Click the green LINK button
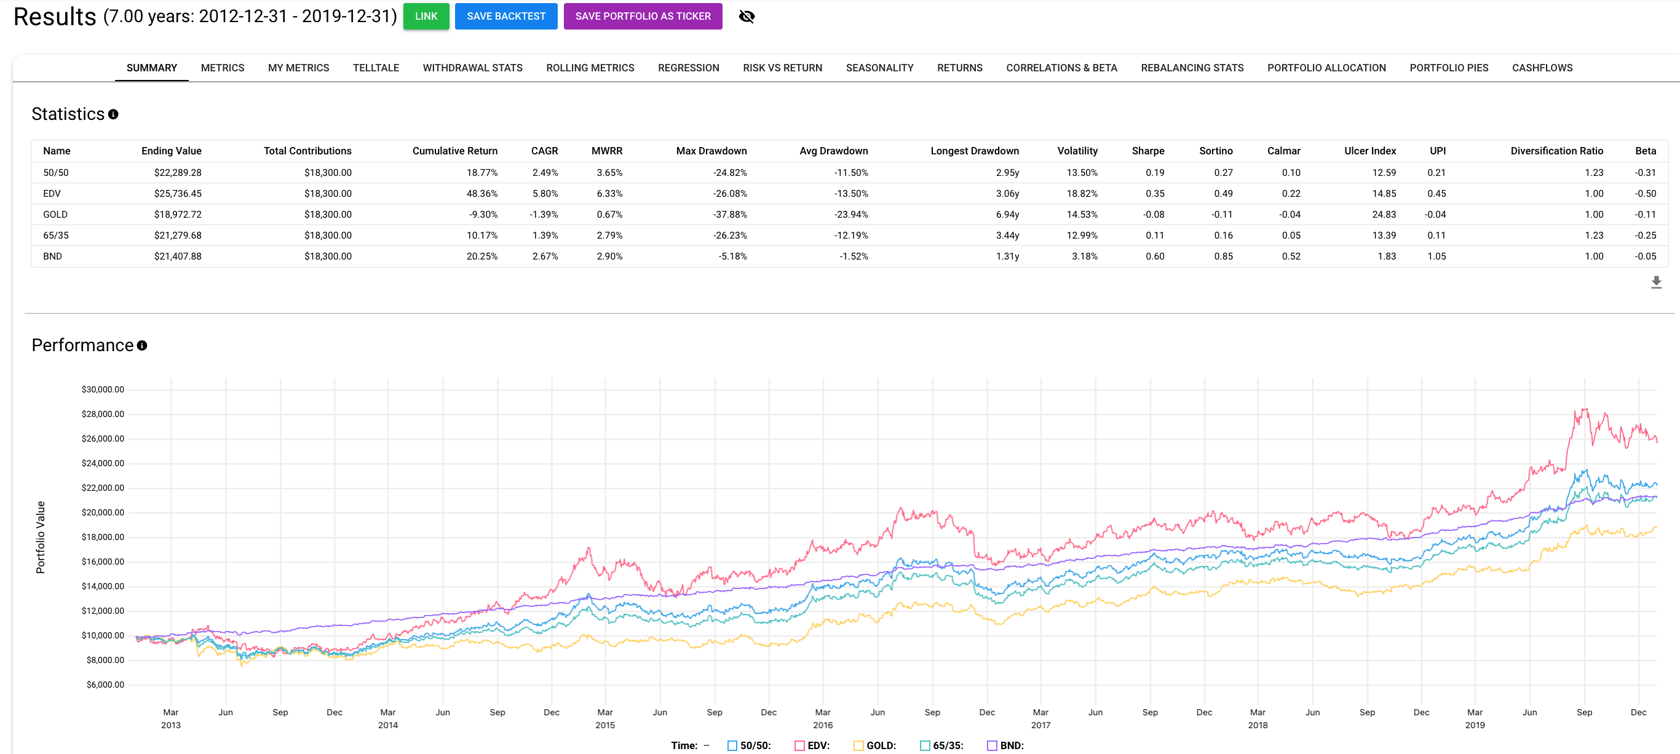click(x=426, y=17)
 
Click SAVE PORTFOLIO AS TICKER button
click(x=643, y=17)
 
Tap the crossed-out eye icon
click(x=746, y=17)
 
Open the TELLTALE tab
click(x=376, y=68)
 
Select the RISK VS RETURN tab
click(x=782, y=68)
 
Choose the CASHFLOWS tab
click(x=1542, y=68)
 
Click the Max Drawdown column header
click(x=711, y=151)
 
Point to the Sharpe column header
click(x=1147, y=151)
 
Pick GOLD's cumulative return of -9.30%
click(x=483, y=215)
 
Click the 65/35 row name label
click(x=55, y=236)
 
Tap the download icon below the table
click(x=1656, y=282)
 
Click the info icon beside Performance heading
click(x=142, y=346)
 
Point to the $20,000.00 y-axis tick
click(x=103, y=513)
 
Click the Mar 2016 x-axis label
click(x=822, y=718)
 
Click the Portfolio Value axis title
click(x=41, y=538)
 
